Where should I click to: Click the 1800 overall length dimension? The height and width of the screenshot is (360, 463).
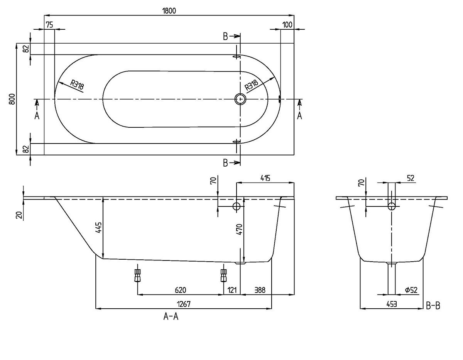[169, 11]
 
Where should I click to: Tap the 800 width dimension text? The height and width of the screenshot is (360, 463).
[12, 99]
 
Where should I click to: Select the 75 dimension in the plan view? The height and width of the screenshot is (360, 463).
[49, 25]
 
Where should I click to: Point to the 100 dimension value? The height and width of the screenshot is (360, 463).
[287, 25]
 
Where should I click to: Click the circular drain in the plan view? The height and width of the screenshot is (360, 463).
[240, 99]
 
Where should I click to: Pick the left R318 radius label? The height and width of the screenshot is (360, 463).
[77, 85]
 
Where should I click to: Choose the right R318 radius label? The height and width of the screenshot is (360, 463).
[252, 85]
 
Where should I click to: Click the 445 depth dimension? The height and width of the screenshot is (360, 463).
[99, 228]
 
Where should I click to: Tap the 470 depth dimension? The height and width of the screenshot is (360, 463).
[240, 229]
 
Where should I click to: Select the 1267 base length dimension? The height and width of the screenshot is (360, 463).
[184, 304]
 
